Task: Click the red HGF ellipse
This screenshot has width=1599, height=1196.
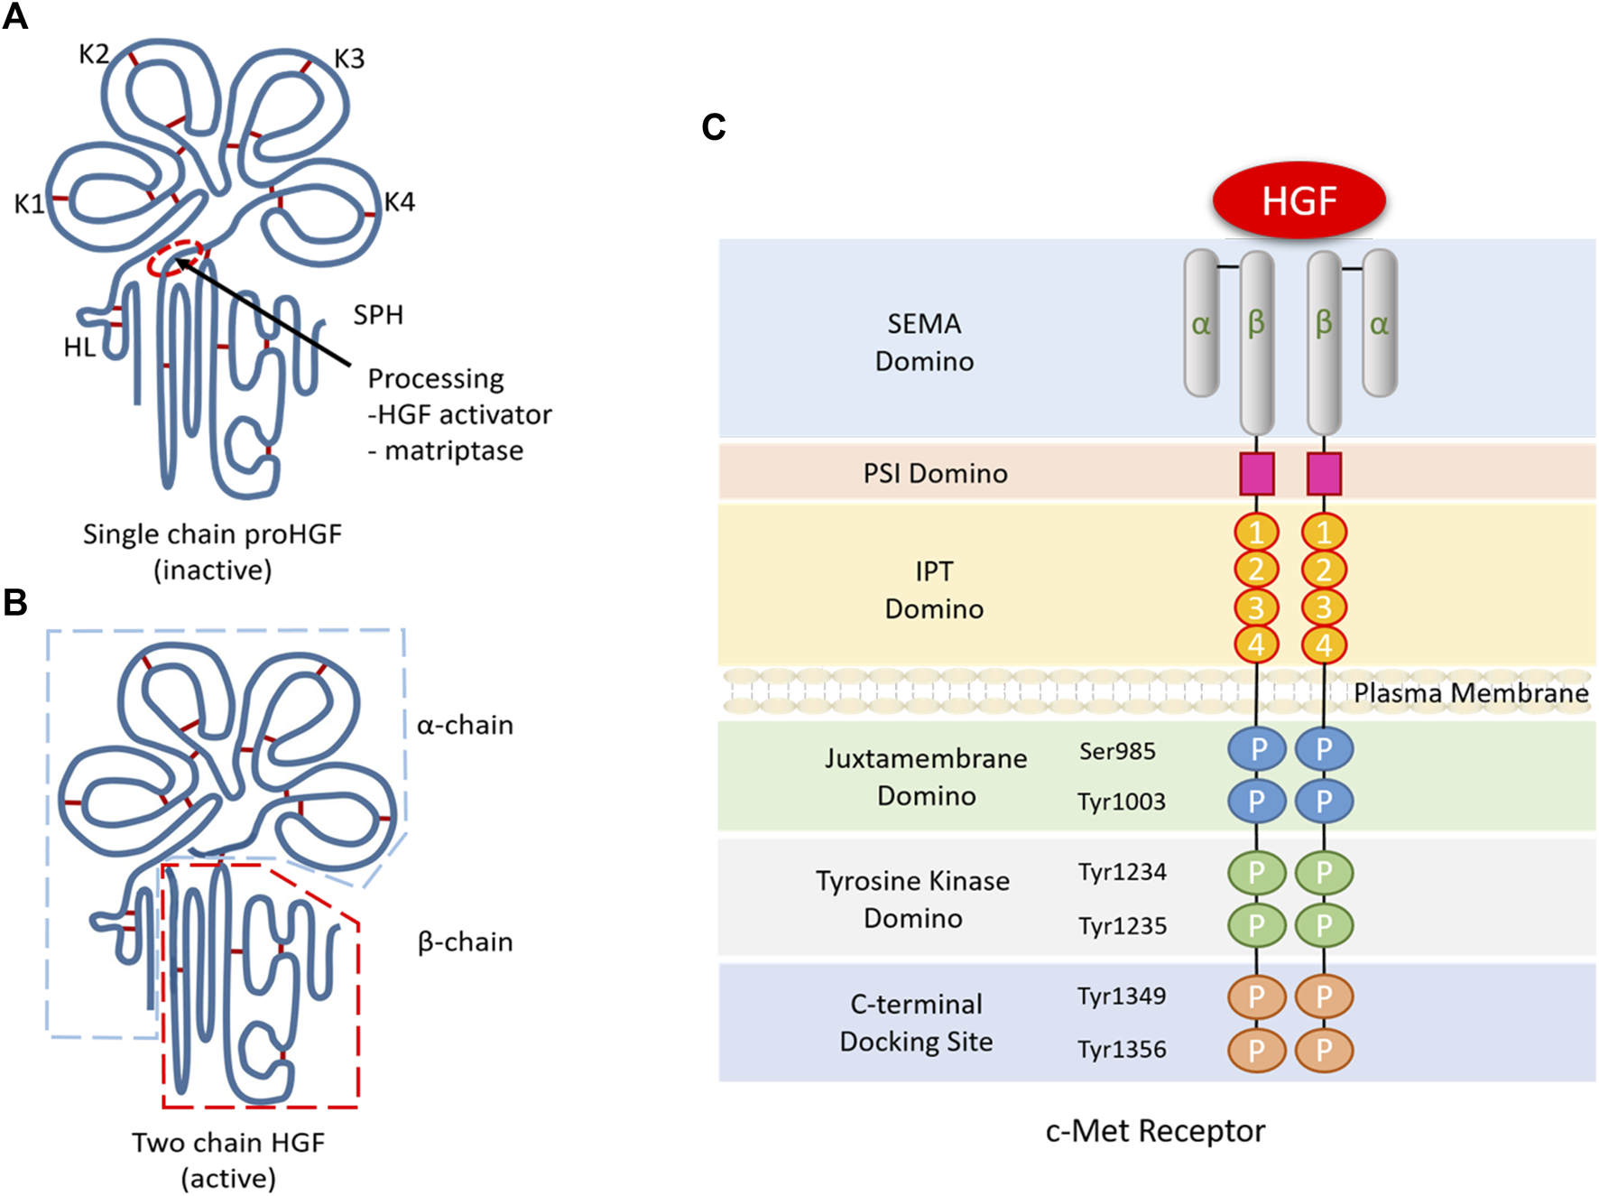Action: tap(1299, 200)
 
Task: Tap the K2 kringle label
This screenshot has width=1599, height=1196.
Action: tap(94, 54)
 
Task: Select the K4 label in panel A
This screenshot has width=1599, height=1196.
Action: tap(399, 201)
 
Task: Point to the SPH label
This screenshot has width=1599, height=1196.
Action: tap(378, 315)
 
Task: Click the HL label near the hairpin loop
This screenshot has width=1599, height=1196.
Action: tap(79, 348)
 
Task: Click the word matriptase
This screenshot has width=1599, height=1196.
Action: tap(454, 450)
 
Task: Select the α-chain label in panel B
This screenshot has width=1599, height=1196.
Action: tap(465, 725)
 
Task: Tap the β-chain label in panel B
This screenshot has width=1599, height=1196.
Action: tap(465, 941)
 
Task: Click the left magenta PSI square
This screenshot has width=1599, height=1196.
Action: tap(1256, 474)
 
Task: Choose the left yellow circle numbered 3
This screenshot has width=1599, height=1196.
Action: tap(1256, 607)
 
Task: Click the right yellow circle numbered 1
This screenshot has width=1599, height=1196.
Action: tap(1324, 532)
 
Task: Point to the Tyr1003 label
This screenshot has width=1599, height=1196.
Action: tap(1121, 802)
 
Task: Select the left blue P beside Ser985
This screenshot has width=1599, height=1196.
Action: tap(1256, 749)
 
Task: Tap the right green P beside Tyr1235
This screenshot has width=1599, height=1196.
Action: tap(1324, 925)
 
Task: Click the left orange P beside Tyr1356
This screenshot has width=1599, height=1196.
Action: tap(1256, 1050)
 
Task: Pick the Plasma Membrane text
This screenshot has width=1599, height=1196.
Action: tap(1471, 692)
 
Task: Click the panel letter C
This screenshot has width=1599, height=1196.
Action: tap(713, 127)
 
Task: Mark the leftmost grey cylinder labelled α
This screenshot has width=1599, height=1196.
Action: tap(1201, 323)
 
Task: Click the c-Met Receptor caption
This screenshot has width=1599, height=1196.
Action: tap(1155, 1130)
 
